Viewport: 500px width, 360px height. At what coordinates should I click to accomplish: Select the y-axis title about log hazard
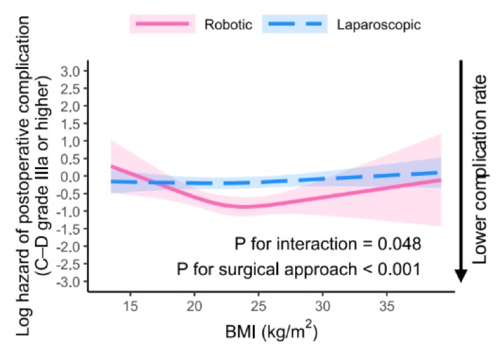[x=34, y=172]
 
